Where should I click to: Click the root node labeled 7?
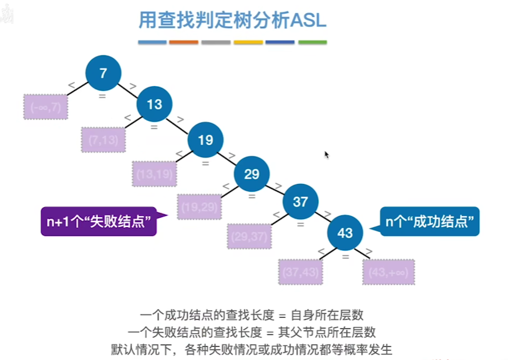103,72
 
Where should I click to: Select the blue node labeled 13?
154,104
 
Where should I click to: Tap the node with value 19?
205,140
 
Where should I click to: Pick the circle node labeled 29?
252,174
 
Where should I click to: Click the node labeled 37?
300,202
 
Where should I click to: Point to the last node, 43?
345,233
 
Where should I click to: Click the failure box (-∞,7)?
46,107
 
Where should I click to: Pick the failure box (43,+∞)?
388,272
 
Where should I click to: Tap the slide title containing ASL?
232,21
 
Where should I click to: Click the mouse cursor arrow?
326,155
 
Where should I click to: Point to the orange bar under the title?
183,42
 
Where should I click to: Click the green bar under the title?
312,42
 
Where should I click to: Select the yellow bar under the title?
248,42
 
